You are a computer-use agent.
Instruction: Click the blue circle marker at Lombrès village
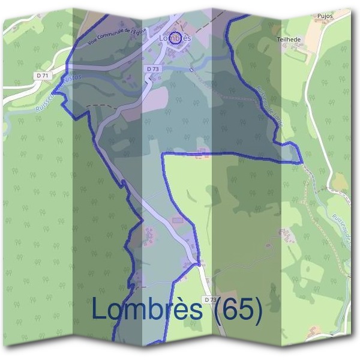[175, 38]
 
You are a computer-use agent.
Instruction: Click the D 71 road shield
[41, 75]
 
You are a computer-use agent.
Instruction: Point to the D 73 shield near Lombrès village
[152, 69]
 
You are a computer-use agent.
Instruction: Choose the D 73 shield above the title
[209, 298]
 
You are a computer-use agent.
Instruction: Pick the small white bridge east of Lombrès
[191, 70]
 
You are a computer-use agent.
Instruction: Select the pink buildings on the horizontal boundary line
[202, 152]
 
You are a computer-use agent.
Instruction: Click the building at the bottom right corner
[313, 331]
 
